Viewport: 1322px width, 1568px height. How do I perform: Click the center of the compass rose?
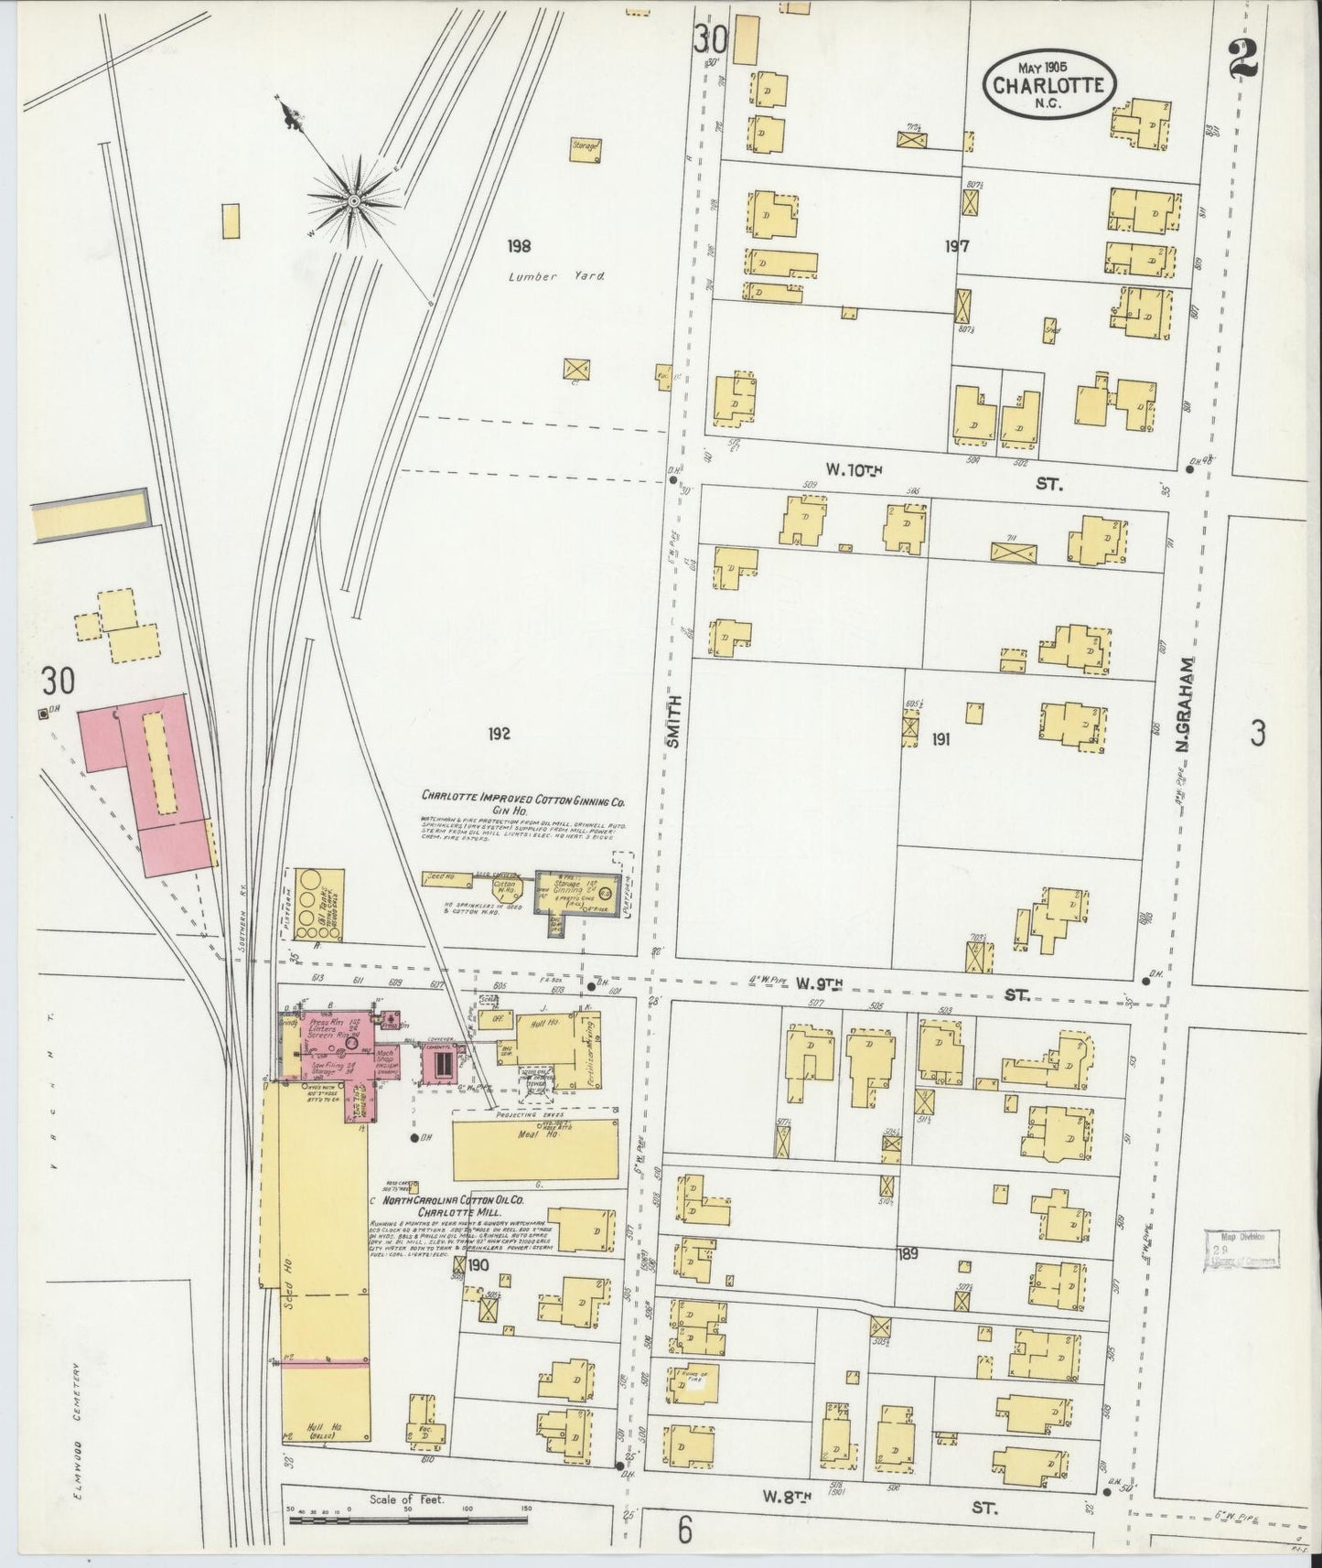point(353,198)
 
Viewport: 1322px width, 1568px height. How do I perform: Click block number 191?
point(940,738)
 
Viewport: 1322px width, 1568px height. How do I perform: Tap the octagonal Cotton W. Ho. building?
point(504,886)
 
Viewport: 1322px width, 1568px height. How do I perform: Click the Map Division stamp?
point(1242,1249)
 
